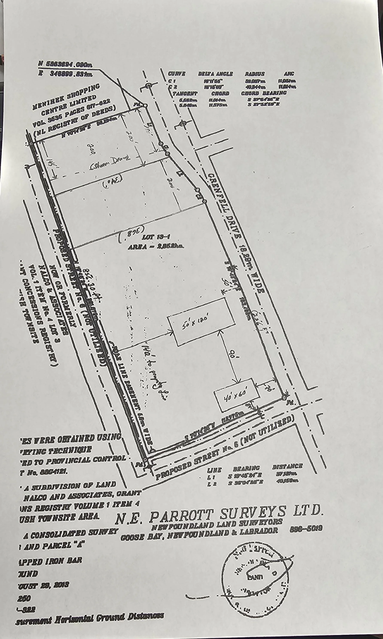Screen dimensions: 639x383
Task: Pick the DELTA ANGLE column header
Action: [x=215, y=74]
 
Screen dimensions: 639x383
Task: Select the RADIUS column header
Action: [x=255, y=74]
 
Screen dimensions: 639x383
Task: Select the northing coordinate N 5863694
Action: [x=65, y=64]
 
